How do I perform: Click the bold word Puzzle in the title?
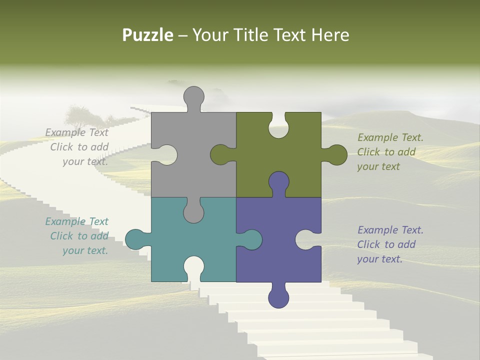click(147, 35)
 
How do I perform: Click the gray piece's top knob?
click(194, 97)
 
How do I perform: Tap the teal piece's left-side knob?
click(136, 239)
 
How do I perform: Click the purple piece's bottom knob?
click(278, 296)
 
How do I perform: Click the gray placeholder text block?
click(77, 147)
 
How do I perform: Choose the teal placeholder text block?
click(77, 236)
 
